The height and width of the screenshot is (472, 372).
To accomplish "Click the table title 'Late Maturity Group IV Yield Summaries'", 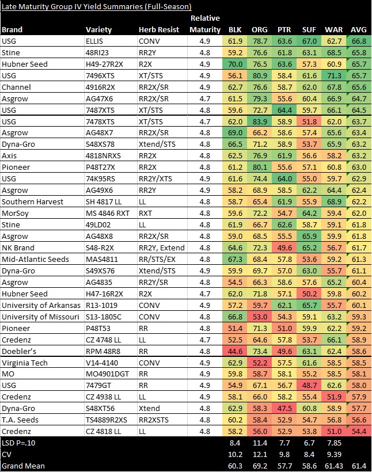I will (96, 6).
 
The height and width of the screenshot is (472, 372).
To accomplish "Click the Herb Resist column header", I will (159, 29).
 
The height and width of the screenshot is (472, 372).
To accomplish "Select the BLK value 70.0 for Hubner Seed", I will (234, 64).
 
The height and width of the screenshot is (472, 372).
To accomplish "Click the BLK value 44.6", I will (234, 352).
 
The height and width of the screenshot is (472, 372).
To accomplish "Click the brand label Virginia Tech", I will (24, 363).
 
